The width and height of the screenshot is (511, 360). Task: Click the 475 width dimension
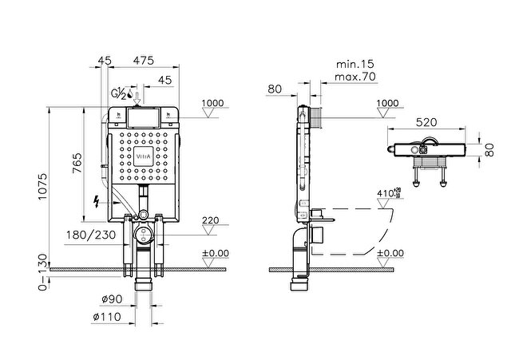143,59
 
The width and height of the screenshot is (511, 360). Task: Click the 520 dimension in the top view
425,122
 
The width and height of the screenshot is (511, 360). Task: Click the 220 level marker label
210,221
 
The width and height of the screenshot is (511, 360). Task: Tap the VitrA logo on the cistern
141,155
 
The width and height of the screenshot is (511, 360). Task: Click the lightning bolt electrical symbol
97,200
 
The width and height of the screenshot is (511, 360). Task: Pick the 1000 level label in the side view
386,103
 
